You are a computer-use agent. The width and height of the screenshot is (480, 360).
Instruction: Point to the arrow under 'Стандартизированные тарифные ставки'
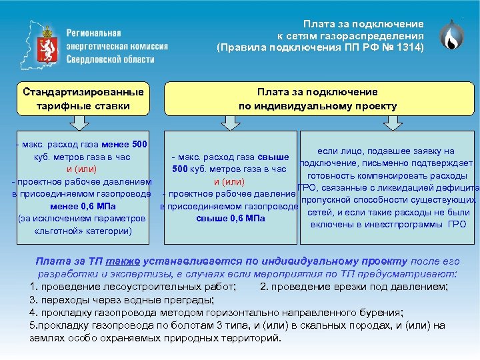click(79, 122)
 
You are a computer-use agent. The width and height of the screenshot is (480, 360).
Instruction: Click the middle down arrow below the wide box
click(230, 122)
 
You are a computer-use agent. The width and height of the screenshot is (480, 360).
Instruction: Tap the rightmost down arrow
click(393, 122)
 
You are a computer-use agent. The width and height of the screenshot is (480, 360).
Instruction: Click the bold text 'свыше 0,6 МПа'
click(231, 218)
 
